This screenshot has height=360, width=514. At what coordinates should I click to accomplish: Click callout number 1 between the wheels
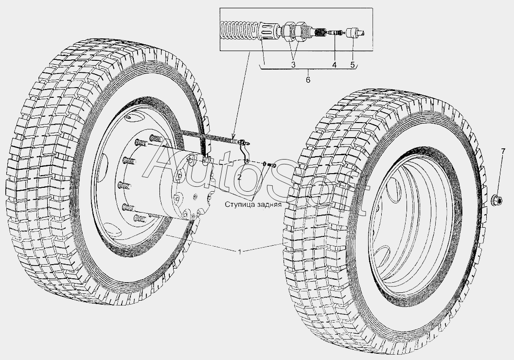click(x=240, y=252)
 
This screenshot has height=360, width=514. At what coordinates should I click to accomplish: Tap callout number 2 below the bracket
click(x=239, y=178)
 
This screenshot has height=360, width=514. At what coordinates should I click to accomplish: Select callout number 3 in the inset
click(x=293, y=65)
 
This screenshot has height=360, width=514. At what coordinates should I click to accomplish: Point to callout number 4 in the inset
click(x=335, y=65)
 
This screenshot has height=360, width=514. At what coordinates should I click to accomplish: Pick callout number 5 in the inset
click(x=353, y=65)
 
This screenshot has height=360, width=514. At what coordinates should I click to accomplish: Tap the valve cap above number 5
click(x=355, y=33)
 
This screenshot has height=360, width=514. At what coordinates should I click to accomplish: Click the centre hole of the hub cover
click(x=195, y=197)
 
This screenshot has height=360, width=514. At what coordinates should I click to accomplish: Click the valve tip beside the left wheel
click(x=246, y=143)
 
